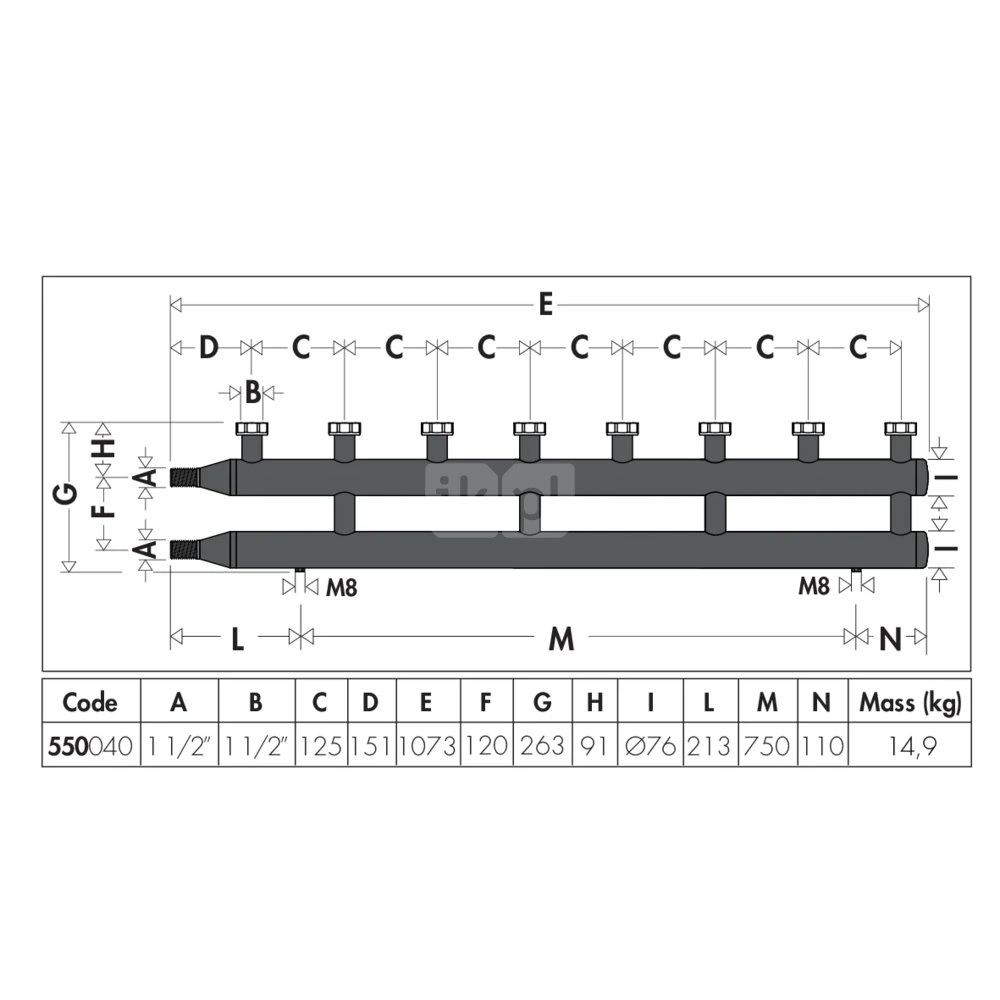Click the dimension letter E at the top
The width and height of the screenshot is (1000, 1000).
545,305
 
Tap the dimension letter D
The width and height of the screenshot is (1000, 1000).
209,348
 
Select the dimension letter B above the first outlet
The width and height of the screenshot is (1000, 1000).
253,393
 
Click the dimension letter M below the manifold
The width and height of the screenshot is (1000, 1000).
561,638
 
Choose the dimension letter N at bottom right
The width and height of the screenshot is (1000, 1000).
890,638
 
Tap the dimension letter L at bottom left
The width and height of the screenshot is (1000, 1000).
237,638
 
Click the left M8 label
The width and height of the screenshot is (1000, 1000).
342,587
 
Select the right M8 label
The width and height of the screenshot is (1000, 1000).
814,585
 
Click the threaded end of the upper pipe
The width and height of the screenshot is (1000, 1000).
185,477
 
